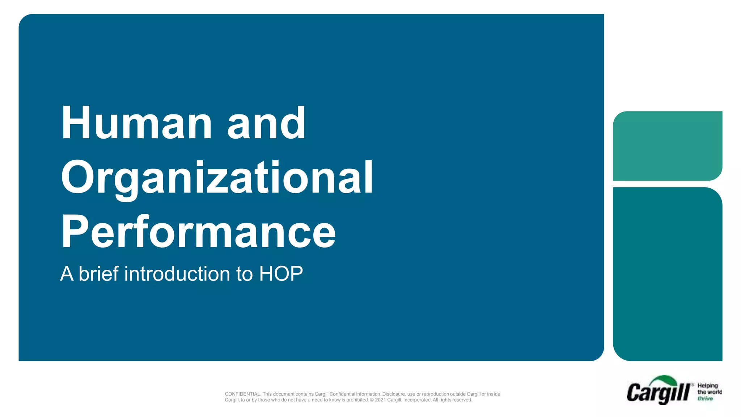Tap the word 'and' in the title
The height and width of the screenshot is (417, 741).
[266, 123]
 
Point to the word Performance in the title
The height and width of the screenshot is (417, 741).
[198, 232]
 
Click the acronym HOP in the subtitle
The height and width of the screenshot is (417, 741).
[281, 274]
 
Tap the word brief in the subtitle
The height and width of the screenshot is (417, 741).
[98, 274]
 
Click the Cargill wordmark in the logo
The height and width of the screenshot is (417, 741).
[658, 393]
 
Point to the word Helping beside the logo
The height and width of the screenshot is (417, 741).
[707, 386]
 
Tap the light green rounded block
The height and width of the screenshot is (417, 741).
[668, 146]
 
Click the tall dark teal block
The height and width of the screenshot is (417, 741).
[668, 274]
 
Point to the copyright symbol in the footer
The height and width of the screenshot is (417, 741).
[372, 400]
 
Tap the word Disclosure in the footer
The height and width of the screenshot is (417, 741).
[393, 394]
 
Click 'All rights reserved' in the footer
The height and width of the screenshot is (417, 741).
[452, 400]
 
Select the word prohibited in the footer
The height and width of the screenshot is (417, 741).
[357, 400]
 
